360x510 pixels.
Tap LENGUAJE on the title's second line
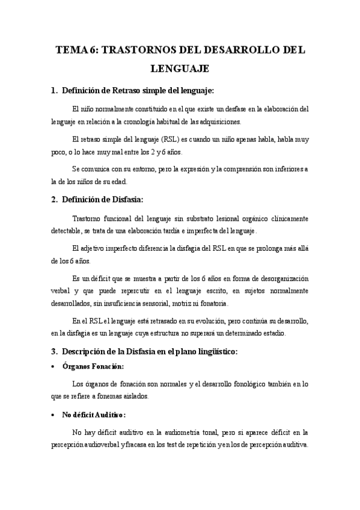(180, 69)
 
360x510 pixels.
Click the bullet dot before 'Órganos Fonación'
(55, 367)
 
